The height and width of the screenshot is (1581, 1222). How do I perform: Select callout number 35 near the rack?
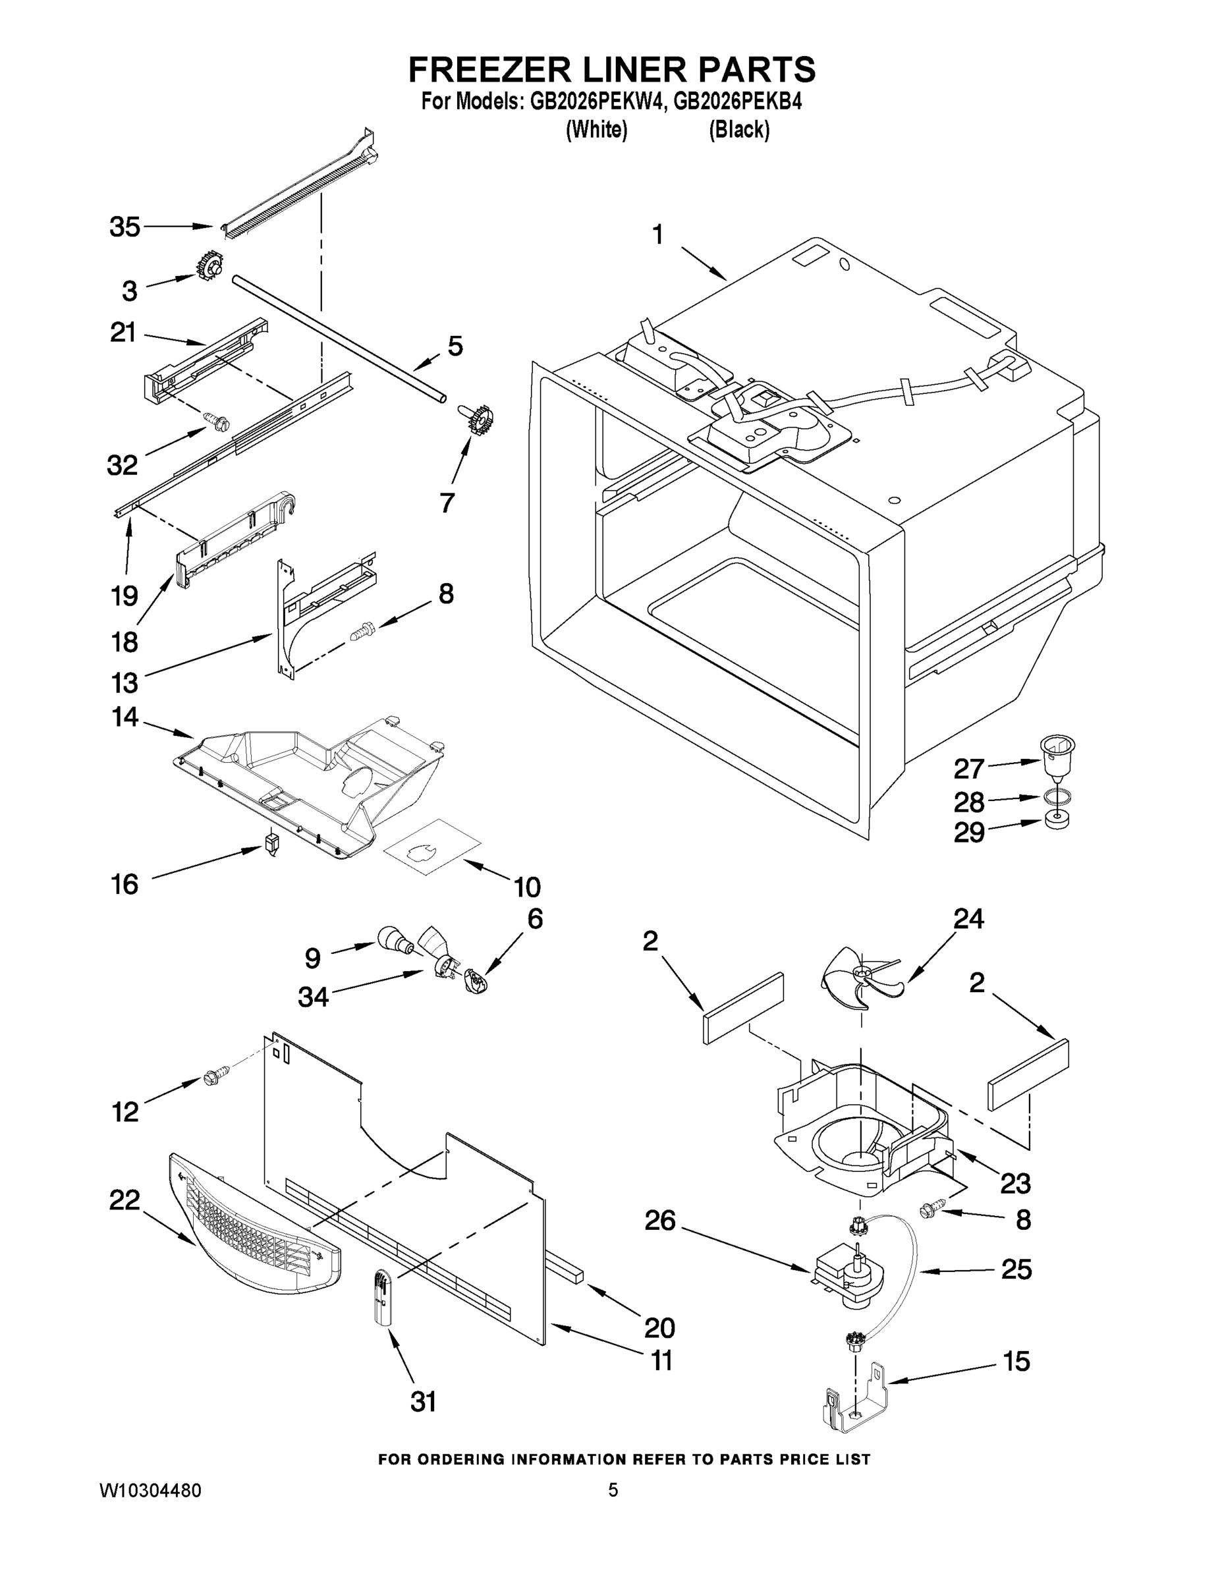click(x=125, y=227)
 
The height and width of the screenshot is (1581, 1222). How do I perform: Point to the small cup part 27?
click(x=1057, y=754)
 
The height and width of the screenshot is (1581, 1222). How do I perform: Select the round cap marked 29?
click(x=1058, y=821)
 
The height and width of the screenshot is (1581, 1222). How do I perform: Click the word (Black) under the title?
click(x=738, y=130)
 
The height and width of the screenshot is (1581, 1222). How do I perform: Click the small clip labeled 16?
click(x=271, y=843)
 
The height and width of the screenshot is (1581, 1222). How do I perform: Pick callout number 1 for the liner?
click(x=657, y=235)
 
